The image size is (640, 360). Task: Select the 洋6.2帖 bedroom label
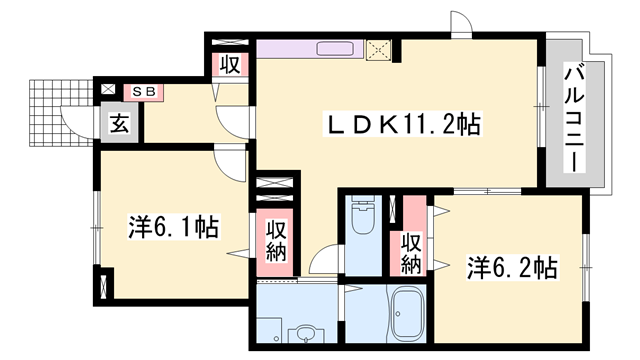click(x=513, y=268)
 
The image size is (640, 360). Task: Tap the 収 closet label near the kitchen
click(x=229, y=67)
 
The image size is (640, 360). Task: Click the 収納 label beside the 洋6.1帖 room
click(x=276, y=241)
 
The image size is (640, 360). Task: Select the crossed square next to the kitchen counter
click(x=378, y=48)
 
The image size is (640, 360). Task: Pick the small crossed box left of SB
click(x=108, y=91)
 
